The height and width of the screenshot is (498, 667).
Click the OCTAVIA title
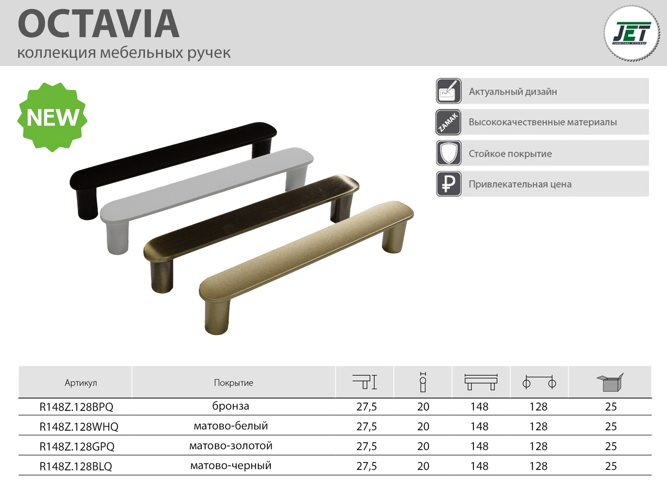pyautogui.click(x=99, y=24)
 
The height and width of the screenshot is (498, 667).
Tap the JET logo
pyautogui.click(x=632, y=34)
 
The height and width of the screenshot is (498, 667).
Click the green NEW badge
pyautogui.click(x=52, y=117)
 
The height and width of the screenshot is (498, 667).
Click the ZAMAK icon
pyautogui.click(x=449, y=122)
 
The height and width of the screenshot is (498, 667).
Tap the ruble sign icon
pyautogui.click(x=449, y=184)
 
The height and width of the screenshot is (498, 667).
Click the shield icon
pyautogui.click(x=449, y=153)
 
